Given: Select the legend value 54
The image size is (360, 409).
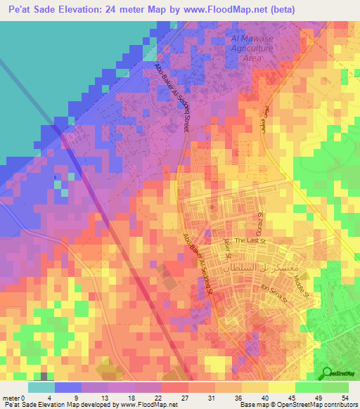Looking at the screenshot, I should pos(345,397).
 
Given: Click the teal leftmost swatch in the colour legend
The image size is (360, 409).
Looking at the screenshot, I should pos(41,387).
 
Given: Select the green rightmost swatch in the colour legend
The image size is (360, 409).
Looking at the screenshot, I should pos(335,387).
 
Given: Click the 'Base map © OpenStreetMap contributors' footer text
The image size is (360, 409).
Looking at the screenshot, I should pos(298,405).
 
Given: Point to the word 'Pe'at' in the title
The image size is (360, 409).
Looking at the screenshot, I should pos(19,9).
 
